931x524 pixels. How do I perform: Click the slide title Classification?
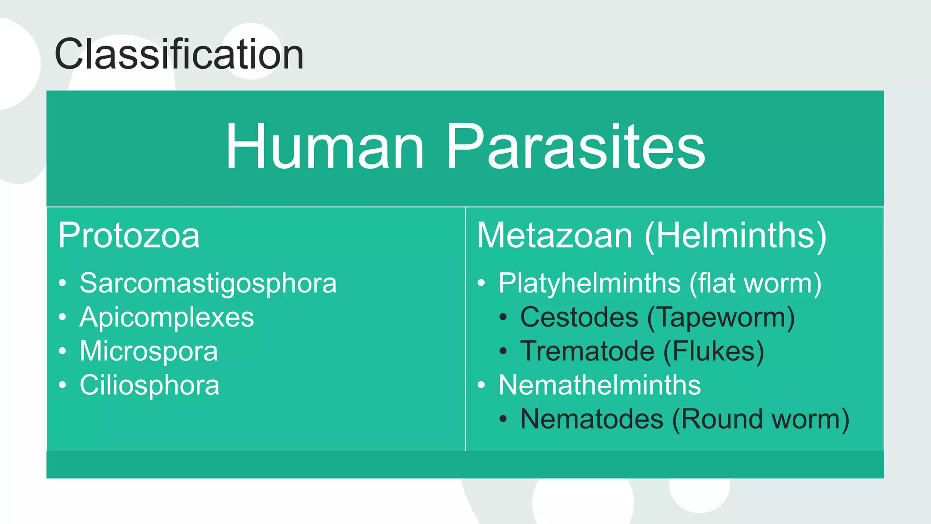point(179,54)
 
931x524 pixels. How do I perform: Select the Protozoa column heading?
point(129,236)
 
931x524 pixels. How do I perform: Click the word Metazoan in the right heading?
point(555,236)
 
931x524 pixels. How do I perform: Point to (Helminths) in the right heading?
point(735,236)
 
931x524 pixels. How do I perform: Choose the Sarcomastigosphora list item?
point(208,283)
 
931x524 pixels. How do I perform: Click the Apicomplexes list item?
point(166,317)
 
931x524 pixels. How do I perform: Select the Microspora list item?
point(149,351)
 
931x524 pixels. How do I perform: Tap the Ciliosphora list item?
point(150,385)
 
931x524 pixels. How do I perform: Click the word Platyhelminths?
point(589,283)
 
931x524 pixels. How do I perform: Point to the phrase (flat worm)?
point(755,283)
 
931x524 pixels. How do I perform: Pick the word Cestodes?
point(579,317)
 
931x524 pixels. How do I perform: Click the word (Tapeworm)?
point(721,317)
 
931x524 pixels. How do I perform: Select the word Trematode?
point(587,351)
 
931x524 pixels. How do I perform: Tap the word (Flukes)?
point(713,351)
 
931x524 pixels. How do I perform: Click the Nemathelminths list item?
point(600,385)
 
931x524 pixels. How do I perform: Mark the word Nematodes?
point(591,419)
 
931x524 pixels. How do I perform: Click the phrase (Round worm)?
point(761,419)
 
